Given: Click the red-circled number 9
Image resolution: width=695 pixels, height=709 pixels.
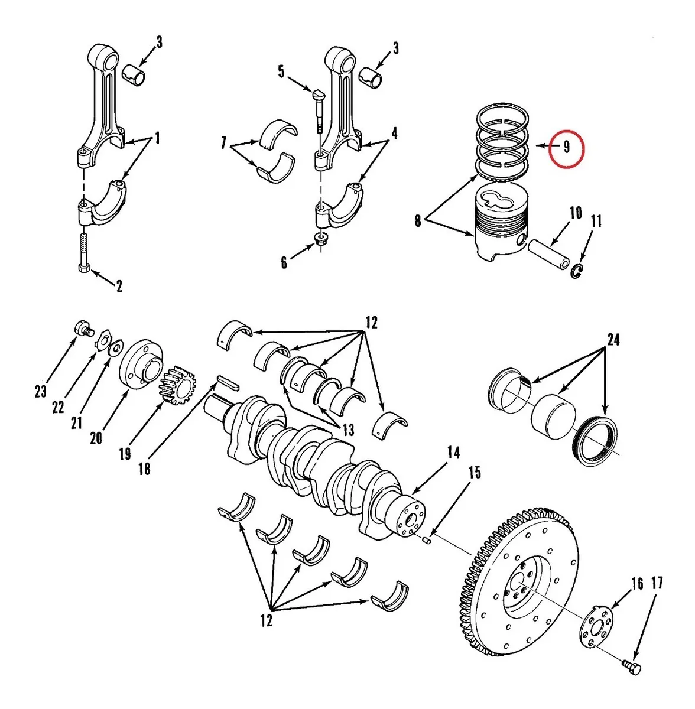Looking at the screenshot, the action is coord(566,147).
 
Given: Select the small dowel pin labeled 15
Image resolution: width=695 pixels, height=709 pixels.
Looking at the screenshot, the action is coord(426,540).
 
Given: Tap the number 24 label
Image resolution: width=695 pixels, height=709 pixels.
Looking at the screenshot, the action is coord(613,340).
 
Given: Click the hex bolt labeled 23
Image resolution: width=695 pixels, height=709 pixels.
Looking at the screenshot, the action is coord(84,329).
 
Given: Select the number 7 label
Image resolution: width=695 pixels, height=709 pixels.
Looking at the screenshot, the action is coord(223,143).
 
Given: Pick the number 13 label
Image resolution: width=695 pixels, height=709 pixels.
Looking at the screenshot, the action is coord(348,429).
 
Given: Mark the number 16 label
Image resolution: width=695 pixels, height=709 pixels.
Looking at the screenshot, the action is coord(637,584).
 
